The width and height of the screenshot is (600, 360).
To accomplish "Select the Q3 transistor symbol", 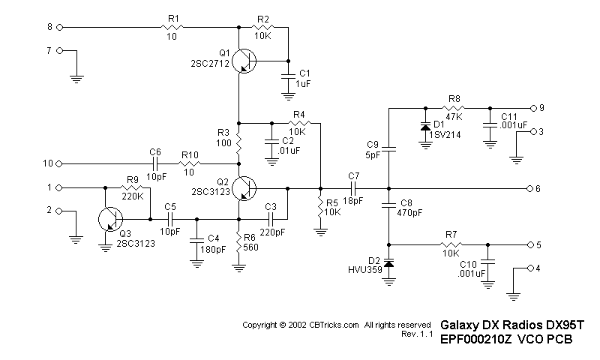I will (x=111, y=219).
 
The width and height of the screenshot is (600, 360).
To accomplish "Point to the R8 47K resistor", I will (x=454, y=106).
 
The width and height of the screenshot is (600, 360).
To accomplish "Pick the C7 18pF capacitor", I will (x=353, y=187).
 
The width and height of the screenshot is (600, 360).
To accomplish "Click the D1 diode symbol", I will (x=426, y=124).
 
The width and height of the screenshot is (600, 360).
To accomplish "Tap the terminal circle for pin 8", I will (x=59, y=27).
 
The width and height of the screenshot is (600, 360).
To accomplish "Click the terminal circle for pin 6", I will (x=530, y=187).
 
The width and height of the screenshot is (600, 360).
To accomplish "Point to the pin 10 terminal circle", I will (x=59, y=163).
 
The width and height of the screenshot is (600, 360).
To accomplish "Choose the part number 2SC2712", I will (x=210, y=64).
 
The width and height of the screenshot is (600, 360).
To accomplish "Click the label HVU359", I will (x=364, y=268).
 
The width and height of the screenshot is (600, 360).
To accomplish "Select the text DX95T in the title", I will (x=563, y=325).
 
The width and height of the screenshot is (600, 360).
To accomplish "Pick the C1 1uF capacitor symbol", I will (x=287, y=75).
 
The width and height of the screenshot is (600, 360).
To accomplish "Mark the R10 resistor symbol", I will (x=190, y=163).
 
